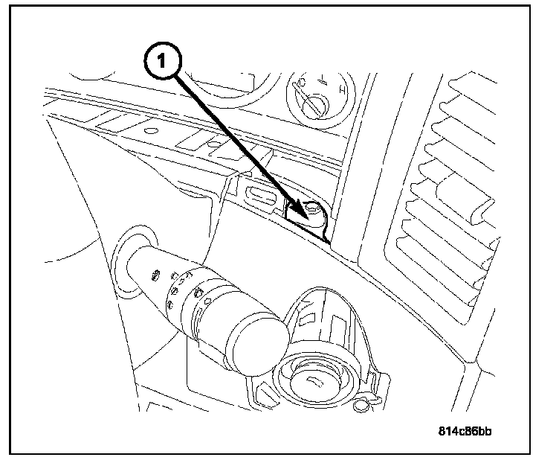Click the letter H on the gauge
coord(343,92)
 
